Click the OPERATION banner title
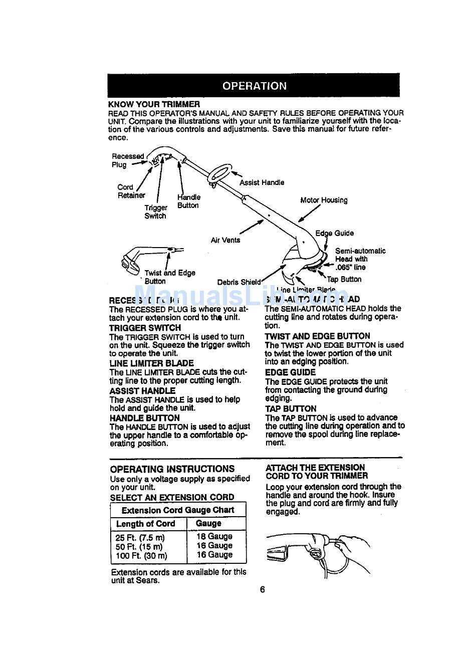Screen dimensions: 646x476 [x=254, y=86]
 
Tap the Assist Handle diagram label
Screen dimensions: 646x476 [x=262, y=182]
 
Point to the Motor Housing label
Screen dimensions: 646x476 [x=324, y=200]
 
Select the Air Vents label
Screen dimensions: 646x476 [x=225, y=240]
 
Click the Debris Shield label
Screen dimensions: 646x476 [x=239, y=282]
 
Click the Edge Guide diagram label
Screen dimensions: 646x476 [x=334, y=233]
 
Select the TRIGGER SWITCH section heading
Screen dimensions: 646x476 [x=145, y=328]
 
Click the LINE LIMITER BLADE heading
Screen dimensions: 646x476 [x=151, y=363]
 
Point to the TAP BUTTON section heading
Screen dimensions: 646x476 [x=291, y=408]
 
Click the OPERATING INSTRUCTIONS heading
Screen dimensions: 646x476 [x=172, y=469]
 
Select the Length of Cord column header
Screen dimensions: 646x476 [x=145, y=524]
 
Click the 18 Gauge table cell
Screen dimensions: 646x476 [x=214, y=536]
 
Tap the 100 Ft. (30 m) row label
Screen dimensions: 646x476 [x=141, y=555]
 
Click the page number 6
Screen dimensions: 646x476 [x=262, y=589]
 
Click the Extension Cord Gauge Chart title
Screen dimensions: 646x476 [x=178, y=510]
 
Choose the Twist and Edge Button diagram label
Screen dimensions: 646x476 [x=169, y=277]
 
